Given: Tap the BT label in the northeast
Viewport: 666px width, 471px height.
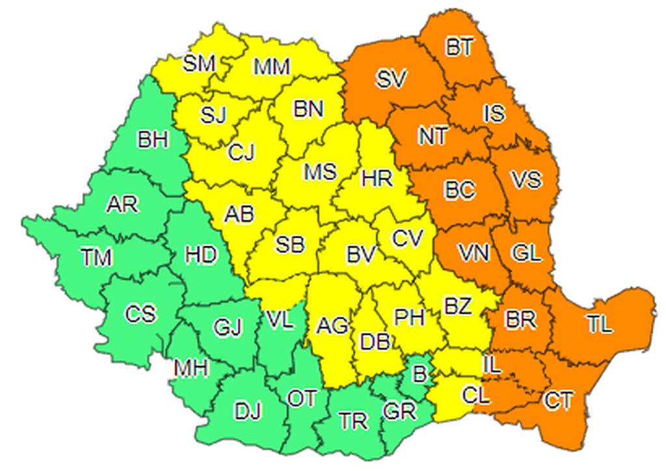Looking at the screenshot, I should tap(460, 47).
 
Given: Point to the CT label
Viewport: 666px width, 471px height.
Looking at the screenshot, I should tap(559, 401).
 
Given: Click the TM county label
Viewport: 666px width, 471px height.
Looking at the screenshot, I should tap(97, 258).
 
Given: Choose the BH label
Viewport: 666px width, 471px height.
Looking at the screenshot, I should tap(153, 140).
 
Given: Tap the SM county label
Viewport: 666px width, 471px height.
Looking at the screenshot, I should tap(199, 64).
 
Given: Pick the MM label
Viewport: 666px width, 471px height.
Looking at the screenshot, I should tap(271, 66).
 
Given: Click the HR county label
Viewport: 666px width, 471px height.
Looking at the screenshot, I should tap(377, 177).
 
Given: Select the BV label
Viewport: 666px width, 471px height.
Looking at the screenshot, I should tap(361, 255).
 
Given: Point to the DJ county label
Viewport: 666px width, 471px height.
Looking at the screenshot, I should tap(248, 411).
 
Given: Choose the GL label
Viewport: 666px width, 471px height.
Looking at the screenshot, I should tap(526, 253).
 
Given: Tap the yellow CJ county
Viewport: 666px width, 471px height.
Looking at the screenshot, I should tap(241, 153).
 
